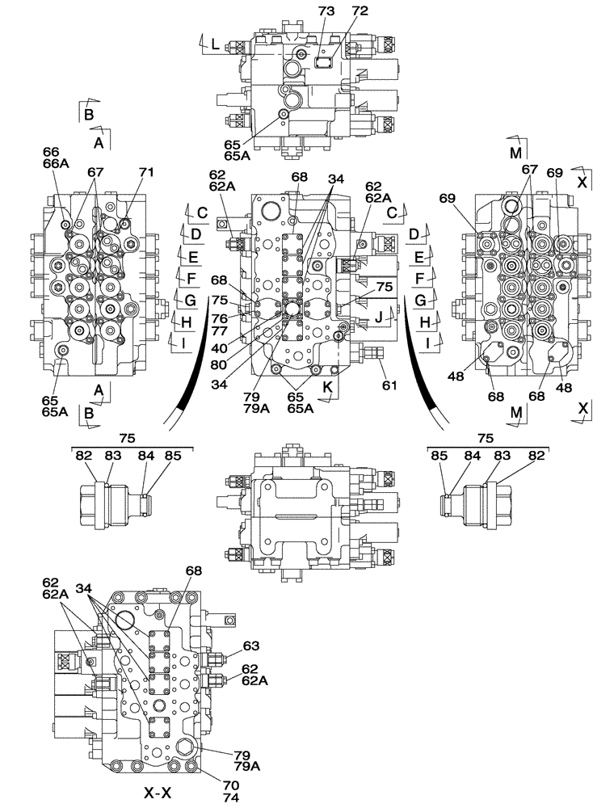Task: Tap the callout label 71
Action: [x=146, y=172]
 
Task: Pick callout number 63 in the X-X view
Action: [x=251, y=646]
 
